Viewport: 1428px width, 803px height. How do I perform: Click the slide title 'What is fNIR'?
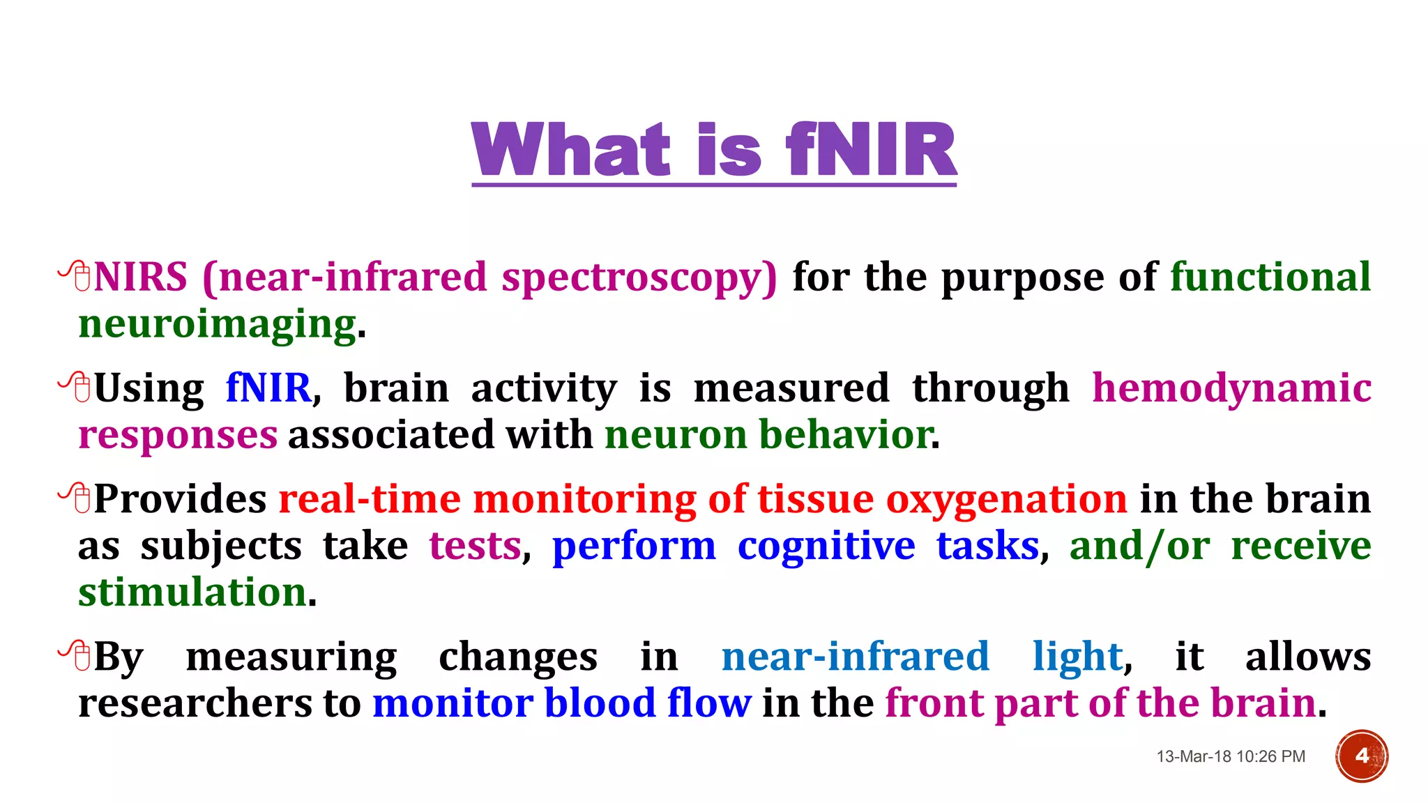[x=714, y=149]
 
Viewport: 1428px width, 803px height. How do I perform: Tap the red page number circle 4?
[x=1361, y=756]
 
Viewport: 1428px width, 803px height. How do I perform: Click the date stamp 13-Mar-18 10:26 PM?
[x=1231, y=756]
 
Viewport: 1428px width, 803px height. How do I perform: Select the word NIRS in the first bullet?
[x=141, y=277]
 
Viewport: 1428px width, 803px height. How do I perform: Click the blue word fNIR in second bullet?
[x=268, y=388]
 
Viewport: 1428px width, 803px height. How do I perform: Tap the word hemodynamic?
[x=1231, y=388]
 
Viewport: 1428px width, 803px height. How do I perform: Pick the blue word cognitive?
[x=826, y=546]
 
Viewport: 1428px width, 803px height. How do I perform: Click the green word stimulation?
[x=192, y=592]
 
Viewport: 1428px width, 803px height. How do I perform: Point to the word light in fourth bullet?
[x=1077, y=657]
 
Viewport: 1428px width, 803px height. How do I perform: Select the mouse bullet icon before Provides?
[x=75, y=498]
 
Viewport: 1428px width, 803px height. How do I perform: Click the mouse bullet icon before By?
[x=75, y=655]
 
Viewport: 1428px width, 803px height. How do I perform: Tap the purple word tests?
[x=475, y=546]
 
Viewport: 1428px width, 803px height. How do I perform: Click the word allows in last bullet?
[x=1307, y=657]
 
